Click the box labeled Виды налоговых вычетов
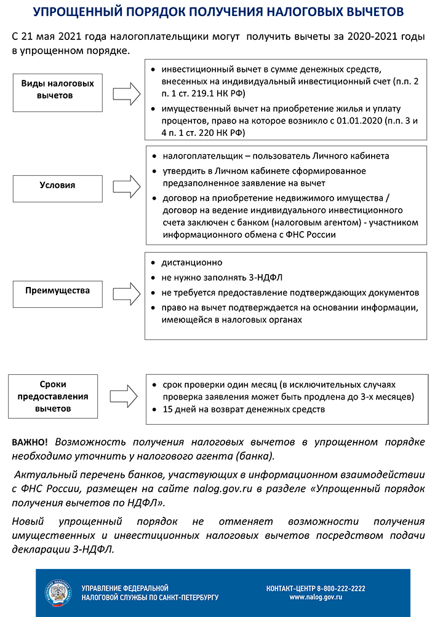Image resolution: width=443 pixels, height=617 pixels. (x=57, y=90)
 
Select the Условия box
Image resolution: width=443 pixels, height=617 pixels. (x=57, y=184)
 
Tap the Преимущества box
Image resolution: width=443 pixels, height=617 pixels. (x=57, y=290)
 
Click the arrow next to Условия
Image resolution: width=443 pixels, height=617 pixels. (x=127, y=184)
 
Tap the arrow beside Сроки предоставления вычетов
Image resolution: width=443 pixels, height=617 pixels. (x=127, y=393)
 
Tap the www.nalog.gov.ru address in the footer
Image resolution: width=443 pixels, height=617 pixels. (x=316, y=597)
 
